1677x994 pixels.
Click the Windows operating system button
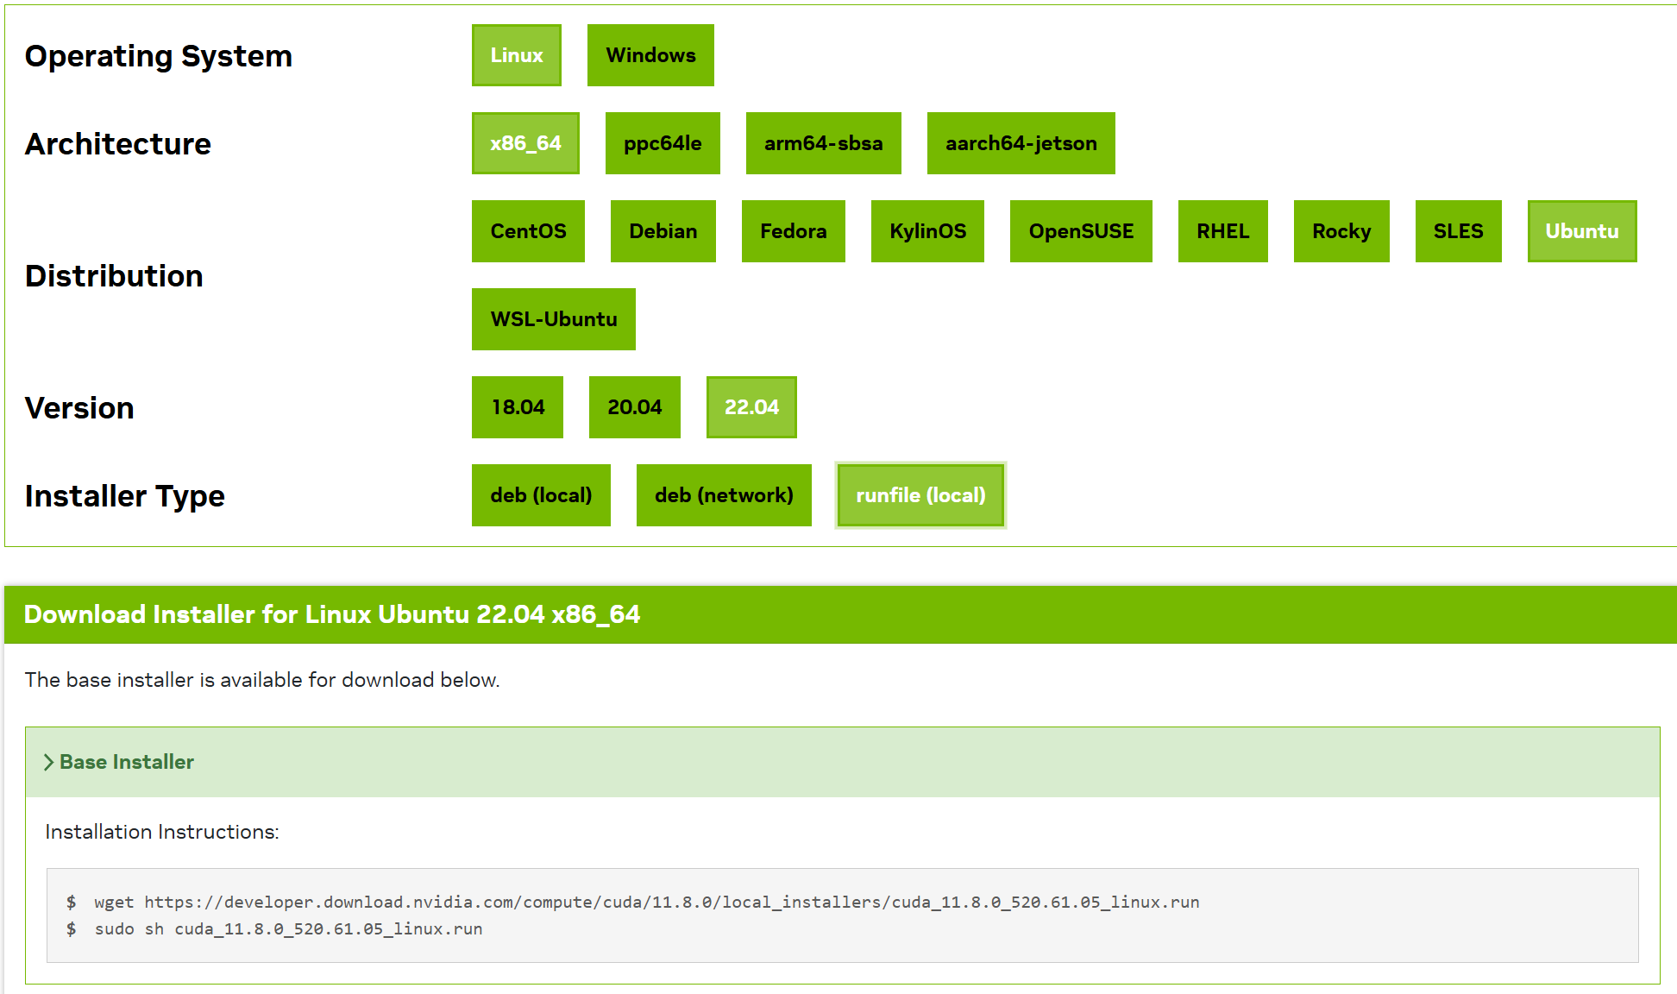[x=650, y=55]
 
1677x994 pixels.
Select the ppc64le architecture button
[x=663, y=143]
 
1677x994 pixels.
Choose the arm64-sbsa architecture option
[x=824, y=143]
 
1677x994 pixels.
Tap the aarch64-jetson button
[x=1021, y=143]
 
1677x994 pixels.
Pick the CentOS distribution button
[x=528, y=231]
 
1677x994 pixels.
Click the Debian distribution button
[x=663, y=231]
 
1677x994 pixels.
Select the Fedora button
[x=794, y=231]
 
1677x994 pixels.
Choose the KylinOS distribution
[x=927, y=231]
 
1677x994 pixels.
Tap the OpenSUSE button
[x=1081, y=231]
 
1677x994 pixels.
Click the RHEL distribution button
[x=1223, y=231]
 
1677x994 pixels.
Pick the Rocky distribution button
[x=1341, y=231]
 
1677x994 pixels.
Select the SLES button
[x=1459, y=231]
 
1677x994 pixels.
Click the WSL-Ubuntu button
[x=554, y=319]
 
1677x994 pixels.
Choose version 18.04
[x=518, y=407]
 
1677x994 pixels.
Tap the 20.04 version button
[x=635, y=407]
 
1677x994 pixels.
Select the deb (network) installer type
[x=724, y=495]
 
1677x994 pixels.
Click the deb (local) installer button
[x=541, y=495]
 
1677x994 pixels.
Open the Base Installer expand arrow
[x=49, y=763]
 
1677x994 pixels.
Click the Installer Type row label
[x=125, y=496]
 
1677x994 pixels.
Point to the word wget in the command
[x=114, y=903]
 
